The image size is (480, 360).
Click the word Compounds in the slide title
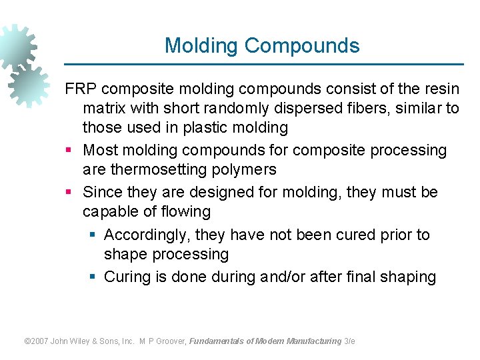pos(302,46)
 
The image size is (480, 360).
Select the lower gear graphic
pos(29,85)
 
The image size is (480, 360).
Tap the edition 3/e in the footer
pos(349,341)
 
